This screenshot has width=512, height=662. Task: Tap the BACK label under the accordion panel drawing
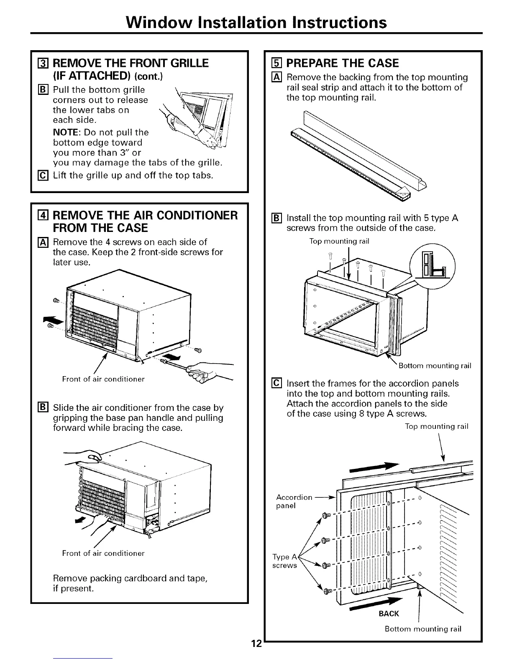[x=389, y=614]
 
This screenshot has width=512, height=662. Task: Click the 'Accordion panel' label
[x=294, y=502]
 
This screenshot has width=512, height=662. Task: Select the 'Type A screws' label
[x=284, y=561]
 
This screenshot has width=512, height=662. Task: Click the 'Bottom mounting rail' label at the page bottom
[x=423, y=629]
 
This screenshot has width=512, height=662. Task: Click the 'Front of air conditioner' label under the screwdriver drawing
[x=103, y=379]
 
